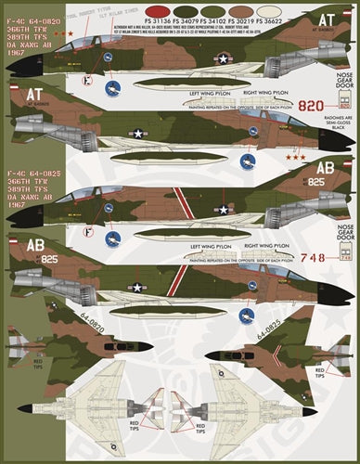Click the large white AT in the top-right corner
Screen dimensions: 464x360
click(x=327, y=18)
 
